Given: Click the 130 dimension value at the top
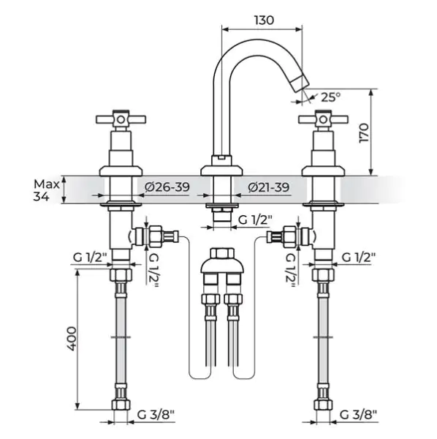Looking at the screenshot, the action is tap(264, 20).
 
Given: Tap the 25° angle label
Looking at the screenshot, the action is tap(331, 97).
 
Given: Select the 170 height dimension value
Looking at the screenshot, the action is tap(364, 133).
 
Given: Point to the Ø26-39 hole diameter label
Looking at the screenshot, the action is tap(167, 187).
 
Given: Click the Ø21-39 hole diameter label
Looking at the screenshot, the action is tap(269, 187).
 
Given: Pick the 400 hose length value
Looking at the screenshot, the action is tap(71, 339).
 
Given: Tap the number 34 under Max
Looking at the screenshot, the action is tap(41, 197).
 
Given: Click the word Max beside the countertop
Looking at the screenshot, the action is tap(47, 184).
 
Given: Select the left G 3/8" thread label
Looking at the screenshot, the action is tap(156, 415).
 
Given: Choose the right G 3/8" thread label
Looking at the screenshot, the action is tap(358, 415).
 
